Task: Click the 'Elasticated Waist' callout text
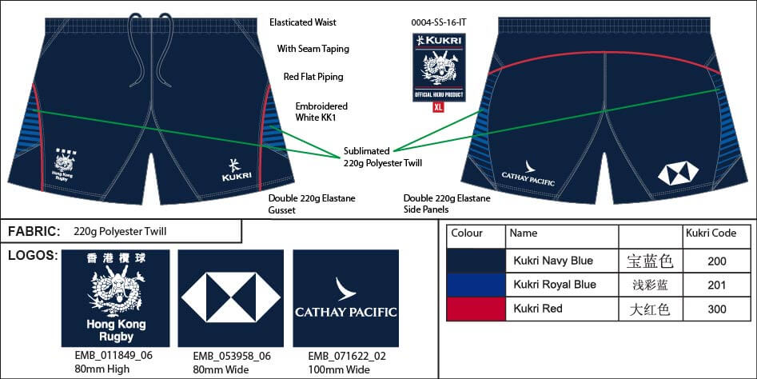tap(303, 23)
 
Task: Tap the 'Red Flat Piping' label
tap(313, 77)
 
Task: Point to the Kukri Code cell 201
tap(716, 285)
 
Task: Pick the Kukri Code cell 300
tap(716, 309)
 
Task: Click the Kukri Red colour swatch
tap(476, 309)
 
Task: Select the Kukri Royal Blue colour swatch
tap(476, 285)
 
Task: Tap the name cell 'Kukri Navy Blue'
tap(553, 261)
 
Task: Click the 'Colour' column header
tap(467, 233)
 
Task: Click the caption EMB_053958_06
tap(229, 357)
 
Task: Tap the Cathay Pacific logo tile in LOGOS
tap(345, 298)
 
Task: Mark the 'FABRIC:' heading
tap(34, 232)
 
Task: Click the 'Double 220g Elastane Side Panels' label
tap(447, 203)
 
